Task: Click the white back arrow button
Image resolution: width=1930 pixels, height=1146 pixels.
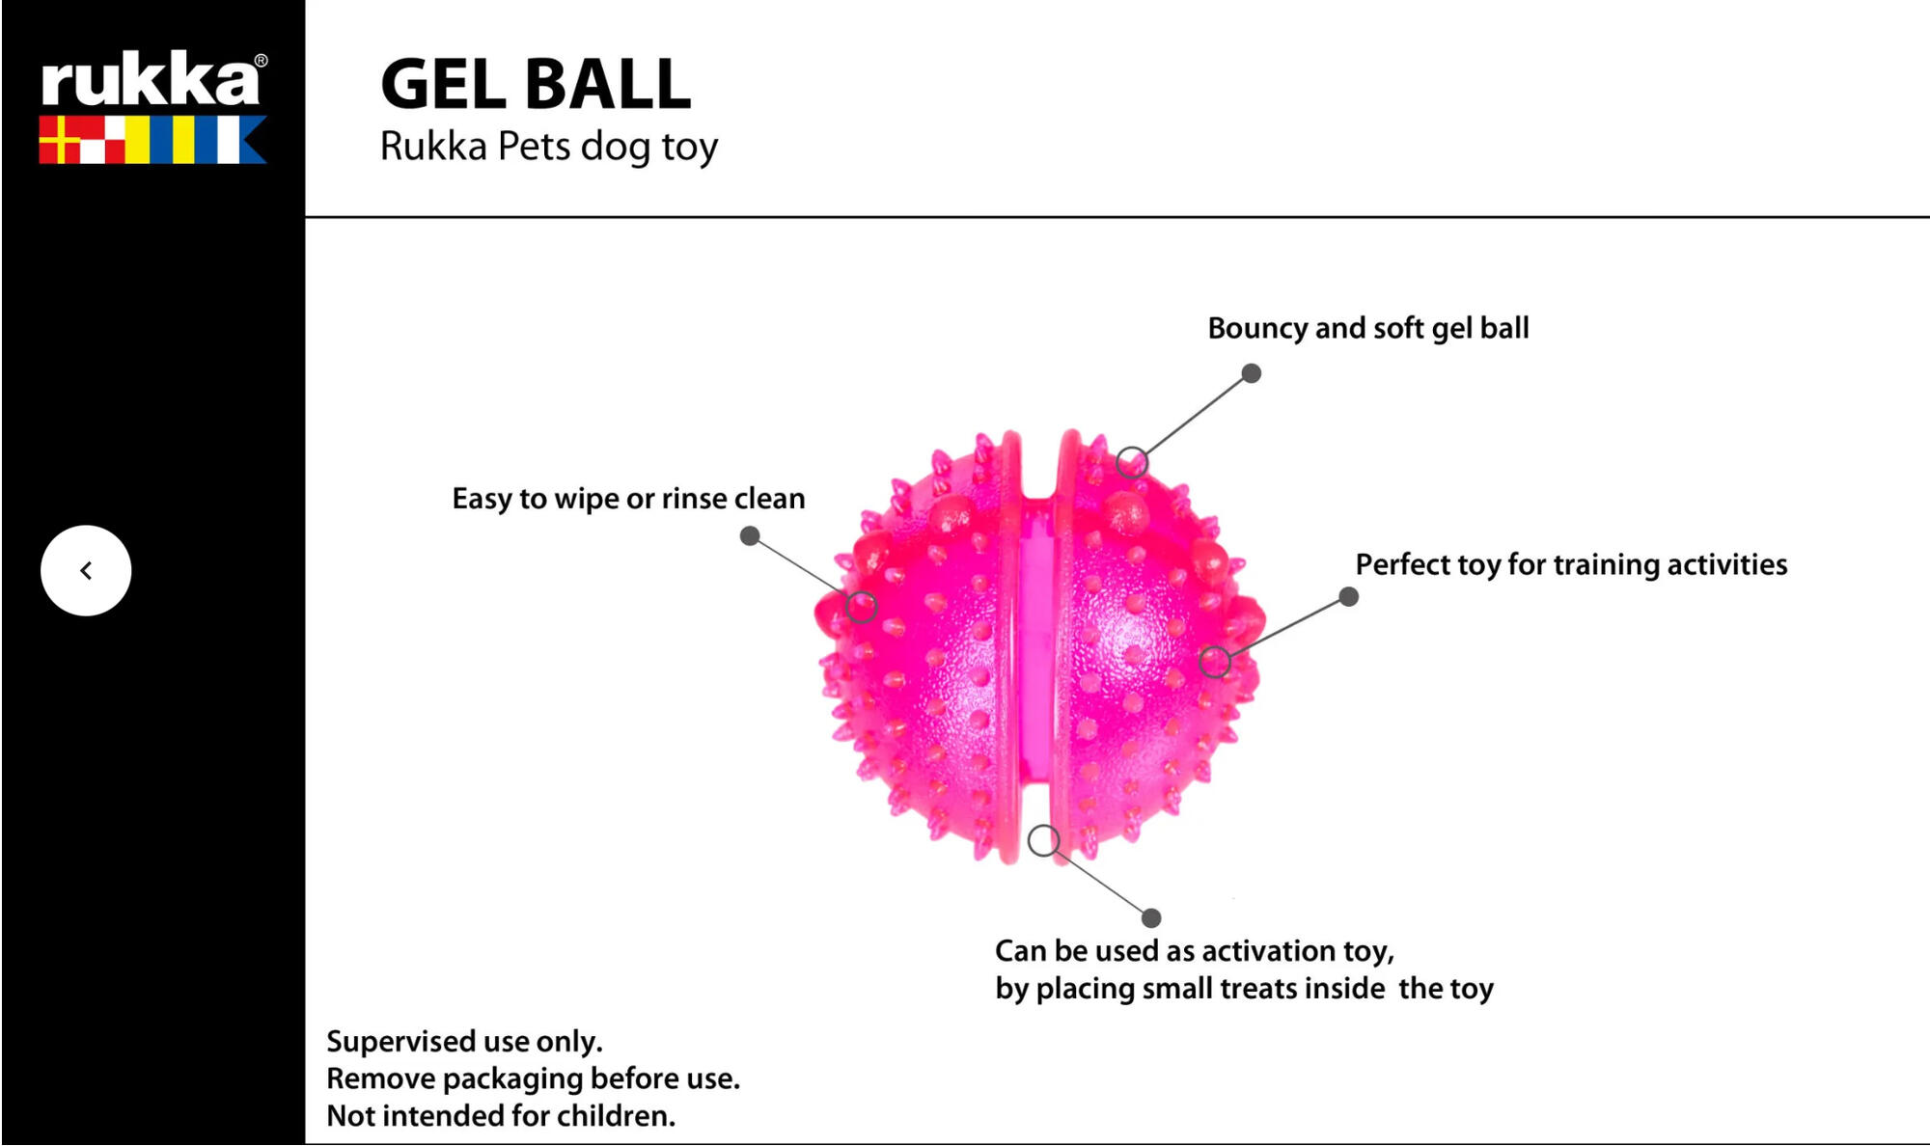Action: tap(86, 570)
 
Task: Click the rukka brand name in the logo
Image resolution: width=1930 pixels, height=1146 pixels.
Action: tap(150, 80)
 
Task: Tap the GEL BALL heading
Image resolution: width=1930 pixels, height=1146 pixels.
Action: tap(536, 84)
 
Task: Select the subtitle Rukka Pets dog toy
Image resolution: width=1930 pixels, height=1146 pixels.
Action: tap(548, 147)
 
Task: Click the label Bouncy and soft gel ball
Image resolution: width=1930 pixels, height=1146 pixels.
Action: tap(1367, 328)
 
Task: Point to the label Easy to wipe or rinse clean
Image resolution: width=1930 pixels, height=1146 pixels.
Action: tap(628, 499)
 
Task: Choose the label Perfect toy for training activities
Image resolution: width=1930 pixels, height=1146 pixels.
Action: tap(1571, 564)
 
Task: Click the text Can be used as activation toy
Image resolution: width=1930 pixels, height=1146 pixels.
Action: tap(1194, 951)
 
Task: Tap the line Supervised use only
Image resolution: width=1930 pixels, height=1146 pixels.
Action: tap(464, 1042)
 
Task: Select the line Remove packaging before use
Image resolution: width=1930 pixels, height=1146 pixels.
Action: tap(533, 1078)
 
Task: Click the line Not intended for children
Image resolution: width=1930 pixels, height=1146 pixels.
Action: tap(501, 1116)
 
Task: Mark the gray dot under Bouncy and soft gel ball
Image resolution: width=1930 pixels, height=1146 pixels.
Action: tap(1251, 373)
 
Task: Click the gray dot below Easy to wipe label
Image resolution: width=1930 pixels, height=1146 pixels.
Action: tap(750, 535)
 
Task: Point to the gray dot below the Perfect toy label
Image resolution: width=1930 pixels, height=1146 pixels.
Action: tap(1349, 597)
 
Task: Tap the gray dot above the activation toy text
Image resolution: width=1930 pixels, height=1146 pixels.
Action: tap(1151, 917)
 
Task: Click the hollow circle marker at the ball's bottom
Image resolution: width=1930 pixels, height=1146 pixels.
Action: tap(1043, 840)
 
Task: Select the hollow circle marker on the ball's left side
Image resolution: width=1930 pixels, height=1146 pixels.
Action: tap(862, 607)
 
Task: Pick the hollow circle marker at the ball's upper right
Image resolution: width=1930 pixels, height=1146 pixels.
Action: tap(1132, 462)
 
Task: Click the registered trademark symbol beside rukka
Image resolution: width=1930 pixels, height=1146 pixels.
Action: tap(261, 61)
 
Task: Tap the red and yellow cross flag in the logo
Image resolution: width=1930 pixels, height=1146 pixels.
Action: tap(60, 141)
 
